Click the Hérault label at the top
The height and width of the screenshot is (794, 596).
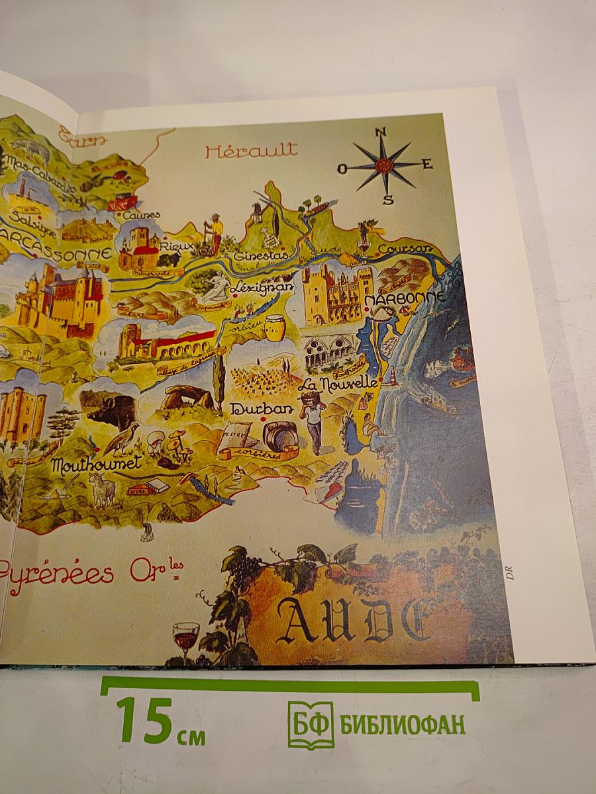click(251, 151)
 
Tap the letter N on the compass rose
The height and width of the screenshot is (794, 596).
click(381, 132)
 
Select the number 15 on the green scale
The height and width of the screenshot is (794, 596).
click(144, 719)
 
